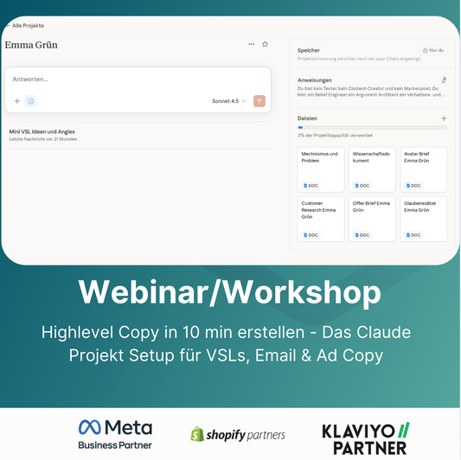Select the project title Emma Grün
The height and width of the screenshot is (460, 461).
pyautogui.click(x=31, y=45)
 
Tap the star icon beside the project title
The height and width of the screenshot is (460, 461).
pyautogui.click(x=265, y=44)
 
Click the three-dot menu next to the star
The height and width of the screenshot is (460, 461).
pyautogui.click(x=251, y=44)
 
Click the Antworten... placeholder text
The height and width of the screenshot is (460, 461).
pyautogui.click(x=31, y=79)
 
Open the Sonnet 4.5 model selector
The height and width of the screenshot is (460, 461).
pyautogui.click(x=228, y=101)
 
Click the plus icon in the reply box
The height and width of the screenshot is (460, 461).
pyautogui.click(x=16, y=101)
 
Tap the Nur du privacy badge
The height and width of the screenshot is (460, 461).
pyautogui.click(x=433, y=51)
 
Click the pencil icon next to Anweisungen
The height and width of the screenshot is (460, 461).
pyautogui.click(x=444, y=80)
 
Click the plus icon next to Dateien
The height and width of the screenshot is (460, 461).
pyautogui.click(x=444, y=118)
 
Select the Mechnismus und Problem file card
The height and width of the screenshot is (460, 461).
pyautogui.click(x=321, y=169)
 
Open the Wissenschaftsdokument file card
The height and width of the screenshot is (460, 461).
pyautogui.click(x=372, y=169)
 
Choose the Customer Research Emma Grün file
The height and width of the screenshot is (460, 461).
pyautogui.click(x=321, y=219)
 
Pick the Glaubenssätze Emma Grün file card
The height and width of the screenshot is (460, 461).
pyautogui.click(x=424, y=219)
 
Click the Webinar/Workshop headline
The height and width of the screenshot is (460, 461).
pyautogui.click(x=230, y=291)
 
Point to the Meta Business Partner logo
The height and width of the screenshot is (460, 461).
pyautogui.click(x=115, y=435)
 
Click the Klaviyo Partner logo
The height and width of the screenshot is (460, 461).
pyautogui.click(x=365, y=438)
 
